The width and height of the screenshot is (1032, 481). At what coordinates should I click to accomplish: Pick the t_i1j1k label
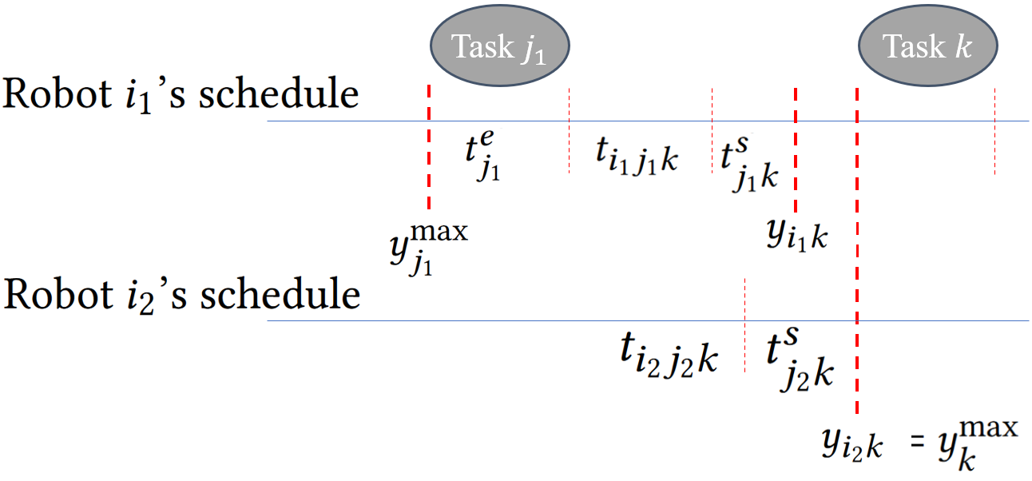tap(637, 155)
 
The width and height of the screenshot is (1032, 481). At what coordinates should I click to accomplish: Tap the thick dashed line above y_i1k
tap(796, 148)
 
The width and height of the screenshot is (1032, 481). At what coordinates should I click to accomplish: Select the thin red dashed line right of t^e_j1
tap(569, 130)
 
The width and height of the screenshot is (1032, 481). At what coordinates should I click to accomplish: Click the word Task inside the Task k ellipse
tap(903, 47)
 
